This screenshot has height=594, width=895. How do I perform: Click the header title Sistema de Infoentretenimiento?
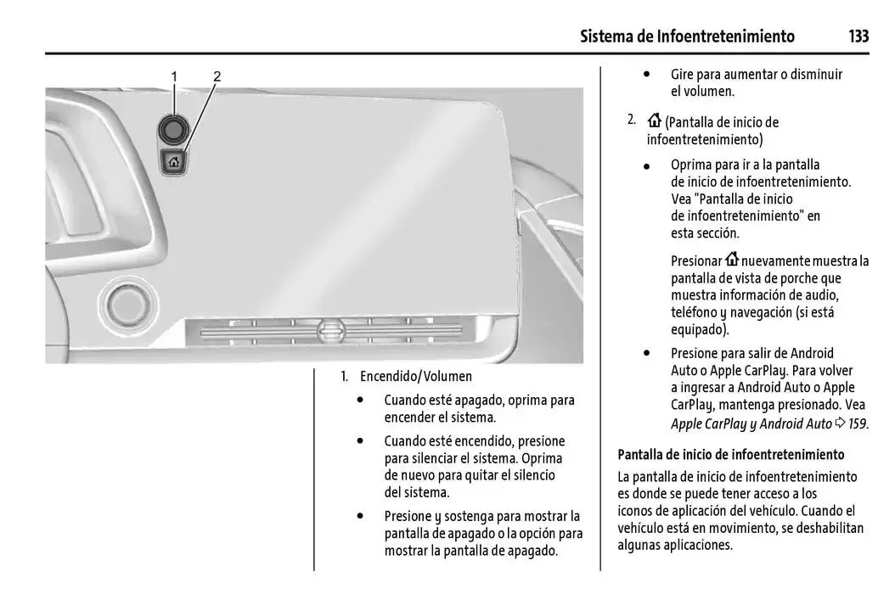687,36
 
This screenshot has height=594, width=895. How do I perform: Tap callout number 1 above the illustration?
174,76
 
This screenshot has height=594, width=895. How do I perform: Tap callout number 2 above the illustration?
217,76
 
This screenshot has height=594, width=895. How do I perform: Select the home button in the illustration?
174,161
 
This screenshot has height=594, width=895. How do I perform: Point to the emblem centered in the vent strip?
330,332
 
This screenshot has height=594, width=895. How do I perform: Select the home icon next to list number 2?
654,121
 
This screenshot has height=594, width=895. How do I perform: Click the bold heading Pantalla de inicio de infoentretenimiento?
731,455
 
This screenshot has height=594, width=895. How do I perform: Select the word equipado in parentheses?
699,329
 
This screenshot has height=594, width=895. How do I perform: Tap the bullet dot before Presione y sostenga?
362,515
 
